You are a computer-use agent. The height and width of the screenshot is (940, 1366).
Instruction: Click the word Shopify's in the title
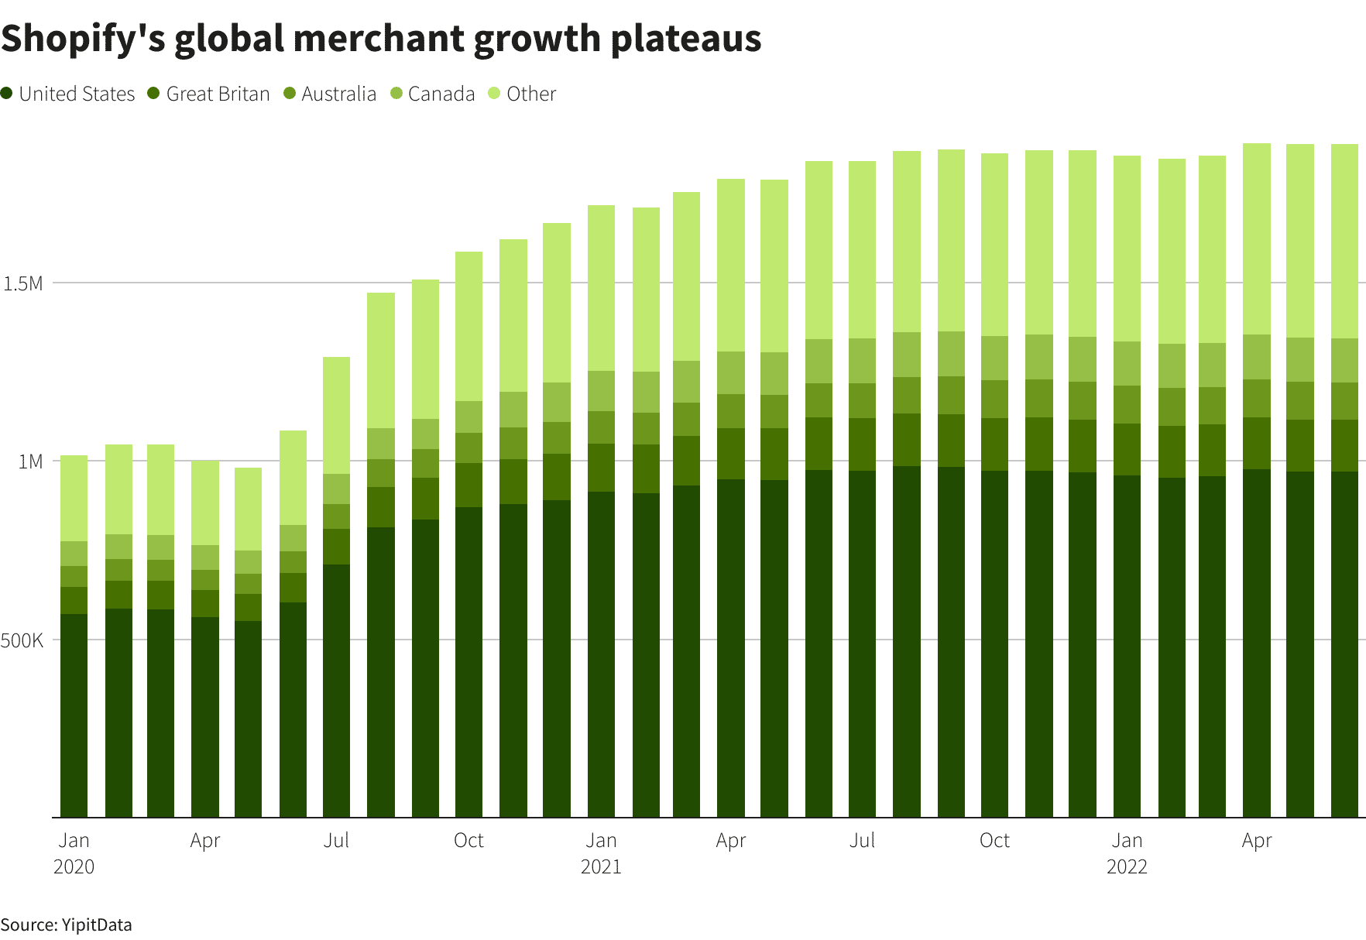click(84, 39)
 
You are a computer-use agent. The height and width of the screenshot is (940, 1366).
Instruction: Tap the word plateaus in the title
click(686, 39)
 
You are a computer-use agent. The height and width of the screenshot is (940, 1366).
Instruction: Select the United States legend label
click(77, 94)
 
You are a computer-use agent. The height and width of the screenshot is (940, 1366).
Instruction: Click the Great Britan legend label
click(218, 94)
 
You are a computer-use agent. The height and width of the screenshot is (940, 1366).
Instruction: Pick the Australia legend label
click(338, 94)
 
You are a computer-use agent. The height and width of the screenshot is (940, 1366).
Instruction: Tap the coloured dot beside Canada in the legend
click(396, 94)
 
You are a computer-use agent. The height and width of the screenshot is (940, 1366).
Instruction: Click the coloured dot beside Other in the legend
click(495, 94)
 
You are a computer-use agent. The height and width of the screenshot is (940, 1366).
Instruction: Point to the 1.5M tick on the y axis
click(23, 283)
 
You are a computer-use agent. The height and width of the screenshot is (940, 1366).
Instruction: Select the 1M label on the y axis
click(30, 461)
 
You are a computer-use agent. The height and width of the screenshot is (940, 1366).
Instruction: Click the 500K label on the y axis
click(22, 640)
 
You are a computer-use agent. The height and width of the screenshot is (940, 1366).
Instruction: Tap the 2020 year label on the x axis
click(74, 866)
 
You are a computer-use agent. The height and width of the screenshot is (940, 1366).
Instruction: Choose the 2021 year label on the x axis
click(601, 866)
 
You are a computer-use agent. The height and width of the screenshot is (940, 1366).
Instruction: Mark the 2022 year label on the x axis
click(1127, 866)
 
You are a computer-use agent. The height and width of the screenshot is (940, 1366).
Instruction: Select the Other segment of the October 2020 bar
click(468, 326)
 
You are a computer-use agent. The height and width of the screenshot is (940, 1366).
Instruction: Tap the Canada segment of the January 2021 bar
click(601, 391)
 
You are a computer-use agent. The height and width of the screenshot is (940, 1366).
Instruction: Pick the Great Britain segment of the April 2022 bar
click(1256, 443)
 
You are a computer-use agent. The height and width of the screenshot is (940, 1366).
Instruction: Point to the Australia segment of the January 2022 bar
click(1127, 404)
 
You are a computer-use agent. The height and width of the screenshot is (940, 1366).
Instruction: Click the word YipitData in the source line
click(97, 925)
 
